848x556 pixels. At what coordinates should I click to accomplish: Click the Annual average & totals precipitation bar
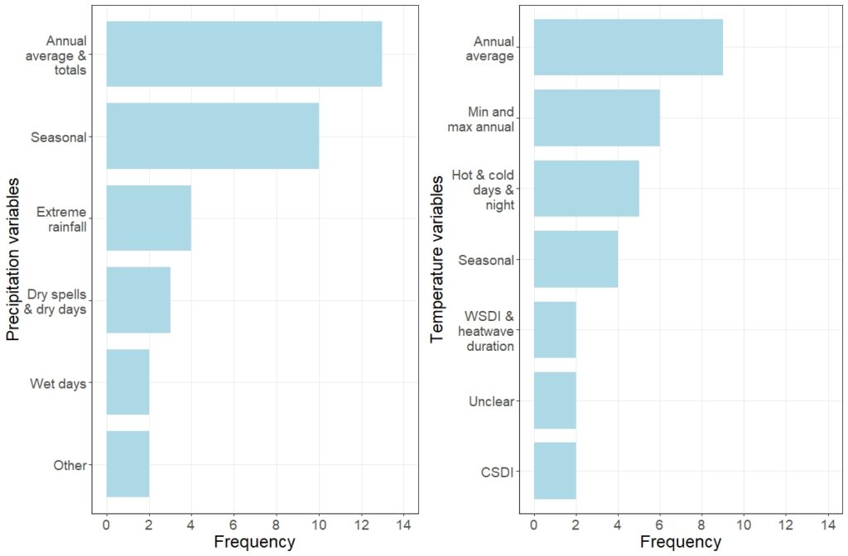pyautogui.click(x=243, y=54)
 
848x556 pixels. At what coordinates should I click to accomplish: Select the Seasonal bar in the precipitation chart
pyautogui.click(x=212, y=136)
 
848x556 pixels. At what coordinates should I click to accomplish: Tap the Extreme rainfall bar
pyautogui.click(x=148, y=218)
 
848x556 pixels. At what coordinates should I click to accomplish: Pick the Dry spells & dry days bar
pyautogui.click(x=137, y=300)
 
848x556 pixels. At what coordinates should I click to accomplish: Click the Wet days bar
pyautogui.click(x=128, y=381)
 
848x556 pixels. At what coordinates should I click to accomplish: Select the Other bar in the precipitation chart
pyautogui.click(x=128, y=463)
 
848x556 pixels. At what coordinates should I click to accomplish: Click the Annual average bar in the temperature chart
pyautogui.click(x=628, y=47)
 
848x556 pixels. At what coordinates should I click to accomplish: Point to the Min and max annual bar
pyautogui.click(x=596, y=117)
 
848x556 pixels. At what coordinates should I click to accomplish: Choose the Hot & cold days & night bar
pyautogui.click(x=586, y=188)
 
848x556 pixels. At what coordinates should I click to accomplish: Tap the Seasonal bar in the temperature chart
pyautogui.click(x=576, y=259)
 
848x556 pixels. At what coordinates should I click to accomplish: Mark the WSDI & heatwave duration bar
pyautogui.click(x=555, y=329)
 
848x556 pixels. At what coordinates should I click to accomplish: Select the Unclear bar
pyautogui.click(x=555, y=400)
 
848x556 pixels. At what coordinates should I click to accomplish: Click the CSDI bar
pyautogui.click(x=555, y=471)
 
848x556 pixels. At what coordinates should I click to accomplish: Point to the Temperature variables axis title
pyautogui.click(x=438, y=259)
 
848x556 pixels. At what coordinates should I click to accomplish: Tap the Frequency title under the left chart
pyautogui.click(x=254, y=543)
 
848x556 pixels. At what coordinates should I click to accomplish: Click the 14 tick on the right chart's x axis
pyautogui.click(x=826, y=525)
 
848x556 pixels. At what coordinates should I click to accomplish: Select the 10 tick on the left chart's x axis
pyautogui.click(x=318, y=525)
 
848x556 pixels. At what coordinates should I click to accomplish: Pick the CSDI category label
pyautogui.click(x=497, y=472)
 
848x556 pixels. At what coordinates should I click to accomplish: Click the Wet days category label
pyautogui.click(x=58, y=383)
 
